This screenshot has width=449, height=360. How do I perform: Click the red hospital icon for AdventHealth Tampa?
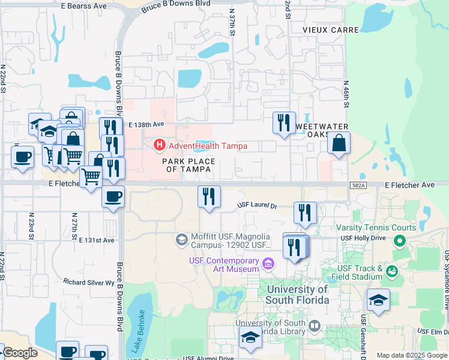point(160,145)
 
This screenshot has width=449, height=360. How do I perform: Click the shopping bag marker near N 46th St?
point(339,144)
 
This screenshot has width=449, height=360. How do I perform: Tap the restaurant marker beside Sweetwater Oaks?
point(284,122)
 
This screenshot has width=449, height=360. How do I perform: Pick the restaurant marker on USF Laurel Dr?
point(305,213)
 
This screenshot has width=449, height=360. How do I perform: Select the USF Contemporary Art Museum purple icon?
point(268,262)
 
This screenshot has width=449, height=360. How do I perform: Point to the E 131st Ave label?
point(97,239)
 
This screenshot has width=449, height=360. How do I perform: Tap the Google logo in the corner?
point(19,353)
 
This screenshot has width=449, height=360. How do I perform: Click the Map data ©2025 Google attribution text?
point(412,355)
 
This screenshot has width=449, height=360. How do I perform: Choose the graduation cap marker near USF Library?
point(250,338)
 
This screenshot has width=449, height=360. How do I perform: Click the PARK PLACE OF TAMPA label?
point(188,166)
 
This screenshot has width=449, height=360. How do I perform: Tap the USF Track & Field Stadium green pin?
point(392,272)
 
